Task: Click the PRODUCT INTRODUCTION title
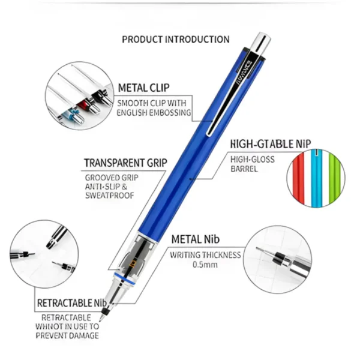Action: tap(176, 40)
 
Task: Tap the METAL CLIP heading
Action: tap(144, 88)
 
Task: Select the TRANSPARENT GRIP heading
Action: tap(125, 163)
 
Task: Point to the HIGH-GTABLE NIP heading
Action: tap(271, 144)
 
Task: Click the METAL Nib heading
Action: tap(196, 239)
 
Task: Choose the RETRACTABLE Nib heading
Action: tap(72, 303)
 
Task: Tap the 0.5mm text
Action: tap(205, 265)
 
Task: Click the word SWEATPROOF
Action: tap(110, 196)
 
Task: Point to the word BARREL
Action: tap(244, 169)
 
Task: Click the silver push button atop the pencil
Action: tap(260, 43)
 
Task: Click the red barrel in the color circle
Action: tap(298, 178)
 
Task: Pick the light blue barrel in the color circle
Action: tap(316, 178)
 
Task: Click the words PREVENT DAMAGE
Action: tap(67, 335)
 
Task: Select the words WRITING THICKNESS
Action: tap(205, 255)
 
